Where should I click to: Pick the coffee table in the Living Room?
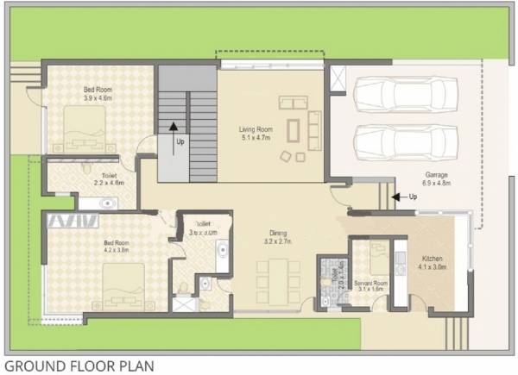[x=293, y=129]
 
